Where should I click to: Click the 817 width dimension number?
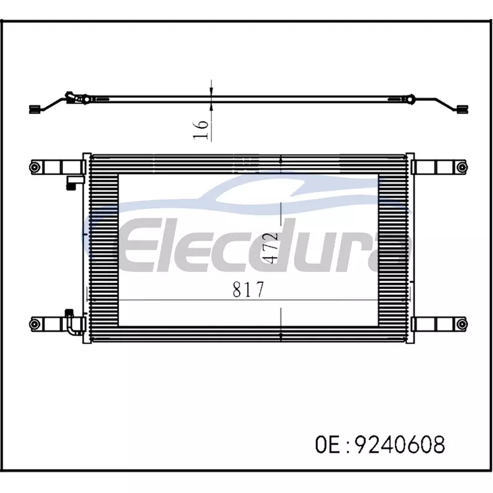248,289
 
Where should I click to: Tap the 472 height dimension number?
271,248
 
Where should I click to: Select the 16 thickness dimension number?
201,129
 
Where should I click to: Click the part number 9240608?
400,444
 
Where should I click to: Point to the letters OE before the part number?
327,444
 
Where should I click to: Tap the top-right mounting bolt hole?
461,167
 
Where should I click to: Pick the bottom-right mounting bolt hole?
461,324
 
